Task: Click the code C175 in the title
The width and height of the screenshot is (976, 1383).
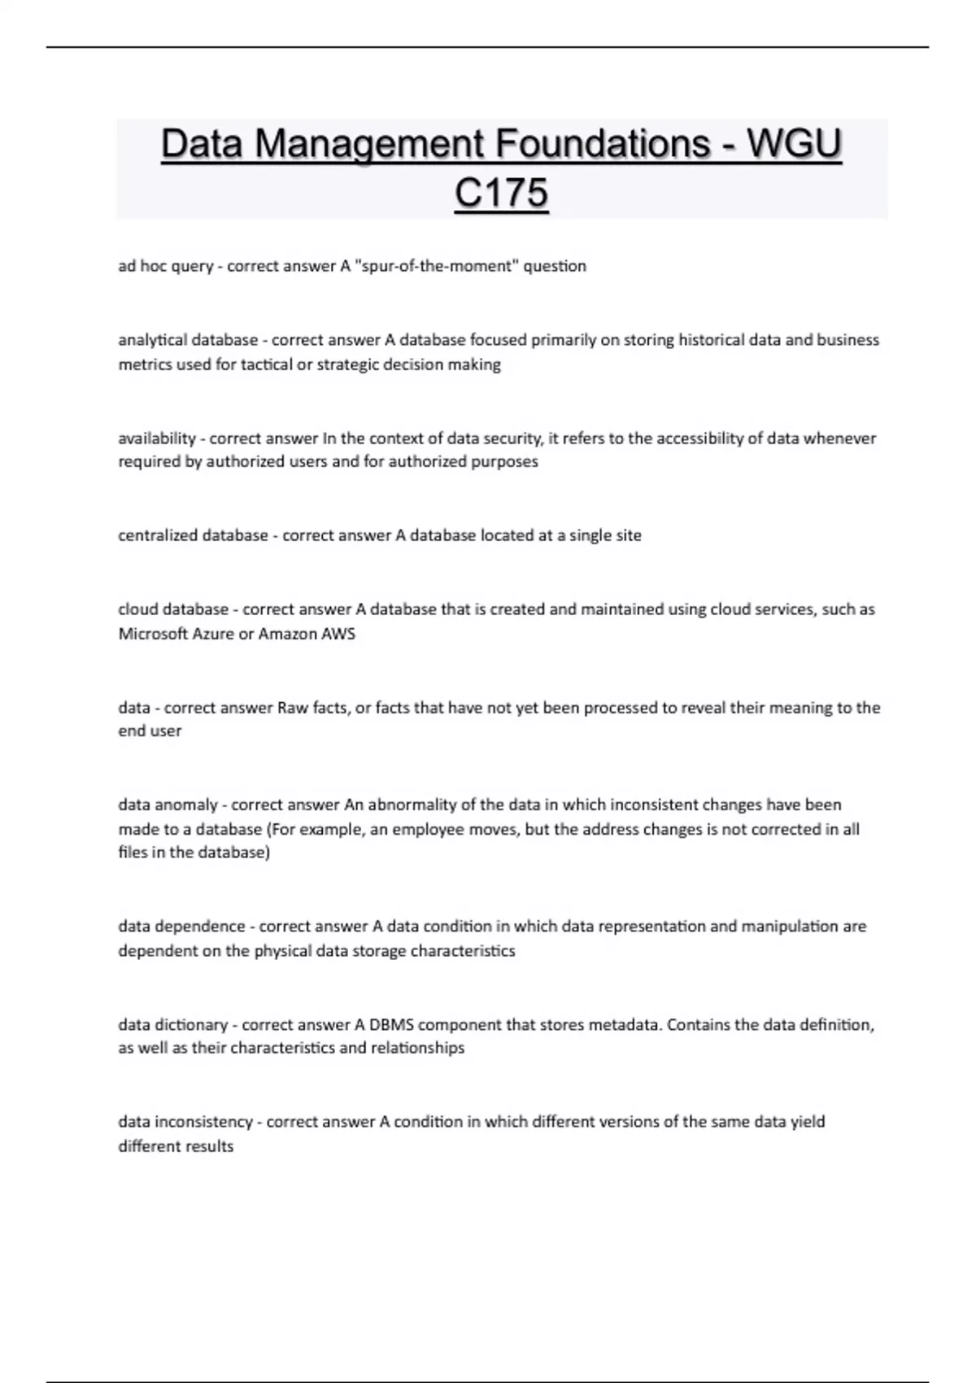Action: [501, 194]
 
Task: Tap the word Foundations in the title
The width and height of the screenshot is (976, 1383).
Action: [603, 144]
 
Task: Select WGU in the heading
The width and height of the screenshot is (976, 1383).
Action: [794, 144]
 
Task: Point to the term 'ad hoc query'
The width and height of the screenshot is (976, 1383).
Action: [165, 266]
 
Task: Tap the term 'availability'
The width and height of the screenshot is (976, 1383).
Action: [157, 438]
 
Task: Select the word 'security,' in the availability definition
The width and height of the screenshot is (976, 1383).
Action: [513, 438]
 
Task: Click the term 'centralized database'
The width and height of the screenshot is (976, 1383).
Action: [193, 535]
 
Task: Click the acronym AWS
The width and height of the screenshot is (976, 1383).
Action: [338, 634]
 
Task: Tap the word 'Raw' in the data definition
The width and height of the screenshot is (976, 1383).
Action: [293, 708]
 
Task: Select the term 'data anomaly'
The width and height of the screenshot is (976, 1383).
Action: [168, 805]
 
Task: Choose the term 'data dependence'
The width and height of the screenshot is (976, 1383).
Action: [181, 927]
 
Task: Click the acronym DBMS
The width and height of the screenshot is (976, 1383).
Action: [391, 1025]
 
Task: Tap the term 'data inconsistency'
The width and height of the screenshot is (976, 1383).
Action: [185, 1122]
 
